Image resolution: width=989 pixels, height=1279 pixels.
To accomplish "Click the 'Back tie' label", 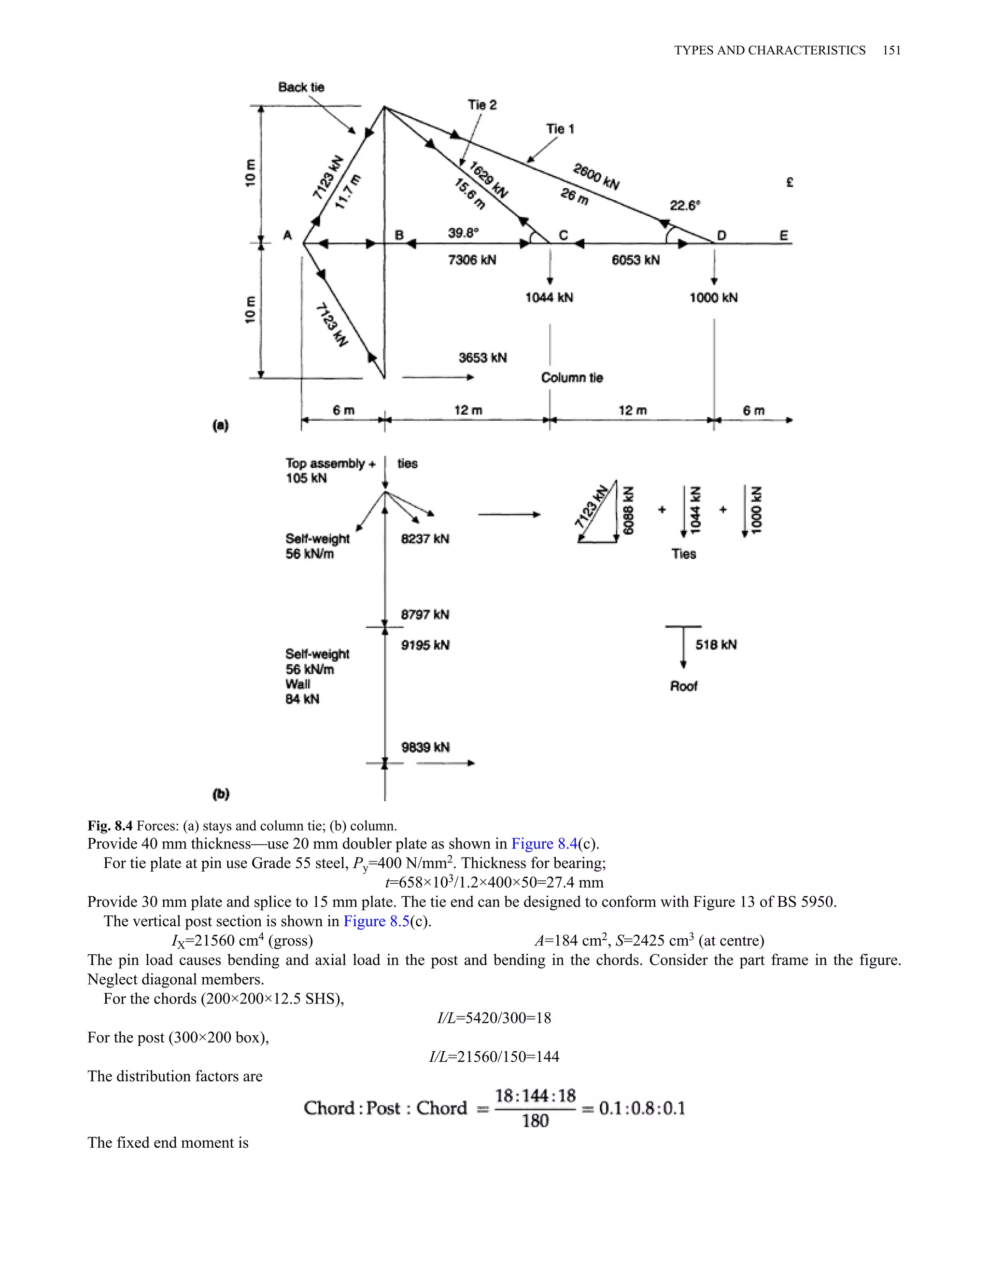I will tap(301, 87).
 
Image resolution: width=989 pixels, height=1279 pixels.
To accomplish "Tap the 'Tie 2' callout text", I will tap(482, 105).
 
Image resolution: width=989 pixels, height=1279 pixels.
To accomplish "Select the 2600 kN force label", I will tap(596, 176).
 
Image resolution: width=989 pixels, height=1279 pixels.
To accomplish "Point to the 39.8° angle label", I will tap(464, 233).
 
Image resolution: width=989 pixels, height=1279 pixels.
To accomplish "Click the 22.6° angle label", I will tap(685, 206).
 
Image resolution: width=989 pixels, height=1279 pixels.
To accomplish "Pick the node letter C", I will tap(563, 236).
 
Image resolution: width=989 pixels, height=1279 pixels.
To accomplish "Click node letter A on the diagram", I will tap(288, 236).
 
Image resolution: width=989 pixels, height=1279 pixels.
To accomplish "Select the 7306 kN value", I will tap(472, 260).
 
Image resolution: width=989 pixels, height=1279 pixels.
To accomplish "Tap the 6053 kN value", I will tap(636, 260).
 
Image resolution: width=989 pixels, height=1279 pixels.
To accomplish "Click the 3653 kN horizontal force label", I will tap(483, 358).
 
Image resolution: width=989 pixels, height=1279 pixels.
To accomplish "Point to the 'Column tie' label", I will tap(572, 378).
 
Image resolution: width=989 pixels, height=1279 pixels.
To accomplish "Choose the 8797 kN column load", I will tap(425, 614).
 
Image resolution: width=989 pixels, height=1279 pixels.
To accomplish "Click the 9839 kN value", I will tap(425, 747).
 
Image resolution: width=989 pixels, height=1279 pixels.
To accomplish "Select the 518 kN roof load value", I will tap(716, 645).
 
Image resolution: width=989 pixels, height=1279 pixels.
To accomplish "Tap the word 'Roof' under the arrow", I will tap(684, 686).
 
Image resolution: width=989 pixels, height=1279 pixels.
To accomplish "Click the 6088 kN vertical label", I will tap(628, 510).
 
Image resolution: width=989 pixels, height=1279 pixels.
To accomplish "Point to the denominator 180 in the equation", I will tap(535, 1121).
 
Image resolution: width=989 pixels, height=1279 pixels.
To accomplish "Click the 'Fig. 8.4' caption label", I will tap(110, 826).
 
